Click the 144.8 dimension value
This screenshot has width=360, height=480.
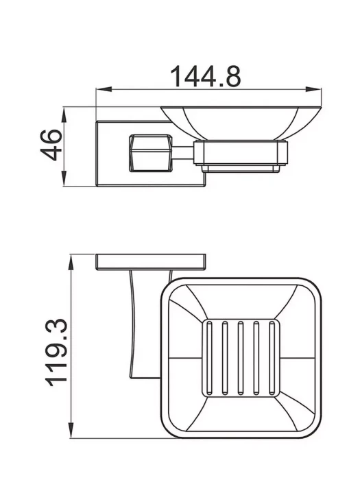pyautogui.click(x=206, y=76)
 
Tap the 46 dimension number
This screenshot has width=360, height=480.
pyautogui.click(x=51, y=145)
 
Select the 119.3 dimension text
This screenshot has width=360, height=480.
pyautogui.click(x=56, y=352)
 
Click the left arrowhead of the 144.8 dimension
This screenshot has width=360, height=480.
pyautogui.click(x=104, y=89)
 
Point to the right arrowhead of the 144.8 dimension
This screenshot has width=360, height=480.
pyautogui.click(x=314, y=89)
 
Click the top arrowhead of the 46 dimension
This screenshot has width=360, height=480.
pyautogui.click(x=64, y=115)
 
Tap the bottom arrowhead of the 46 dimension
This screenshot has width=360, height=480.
pyautogui.click(x=64, y=179)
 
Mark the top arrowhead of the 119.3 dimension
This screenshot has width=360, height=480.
pyautogui.click(x=71, y=262)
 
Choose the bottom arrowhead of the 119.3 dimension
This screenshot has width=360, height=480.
pyautogui.click(x=71, y=430)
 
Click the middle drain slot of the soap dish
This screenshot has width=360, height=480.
pyautogui.click(x=241, y=358)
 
